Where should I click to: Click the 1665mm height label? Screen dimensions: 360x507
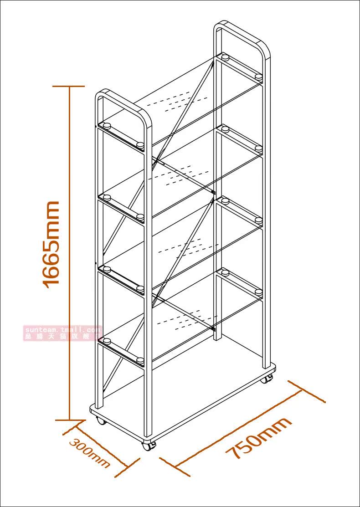[x=51, y=244]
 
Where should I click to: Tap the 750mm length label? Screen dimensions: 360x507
[x=259, y=438]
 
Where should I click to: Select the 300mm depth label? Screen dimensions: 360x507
[x=90, y=453]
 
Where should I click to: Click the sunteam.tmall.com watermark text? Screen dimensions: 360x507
[x=63, y=329]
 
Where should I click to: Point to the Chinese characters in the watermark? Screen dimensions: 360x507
[x=63, y=337]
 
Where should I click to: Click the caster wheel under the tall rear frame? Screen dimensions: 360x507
[x=269, y=378]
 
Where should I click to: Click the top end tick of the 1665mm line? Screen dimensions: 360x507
[x=69, y=86]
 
